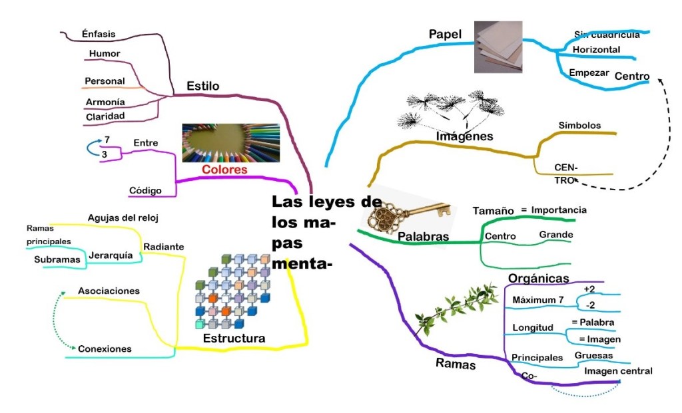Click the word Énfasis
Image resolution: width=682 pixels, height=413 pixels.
pyautogui.click(x=99, y=33)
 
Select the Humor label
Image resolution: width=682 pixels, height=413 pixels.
pyautogui.click(x=104, y=53)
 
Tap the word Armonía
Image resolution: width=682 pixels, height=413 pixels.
pyautogui.click(x=105, y=102)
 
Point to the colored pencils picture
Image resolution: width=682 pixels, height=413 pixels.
pyautogui.click(x=230, y=142)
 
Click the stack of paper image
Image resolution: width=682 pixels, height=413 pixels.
pyautogui.click(x=498, y=47)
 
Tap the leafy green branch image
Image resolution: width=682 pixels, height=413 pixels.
pyautogui.click(x=456, y=309)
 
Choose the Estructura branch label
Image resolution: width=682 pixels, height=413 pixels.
pyautogui.click(x=234, y=339)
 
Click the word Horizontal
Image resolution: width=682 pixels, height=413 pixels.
pyautogui.click(x=596, y=50)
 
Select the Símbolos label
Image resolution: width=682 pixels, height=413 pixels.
pyautogui.click(x=579, y=125)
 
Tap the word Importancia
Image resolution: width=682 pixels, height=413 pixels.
pyautogui.click(x=559, y=209)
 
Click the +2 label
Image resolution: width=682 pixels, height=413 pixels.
pyautogui.click(x=589, y=289)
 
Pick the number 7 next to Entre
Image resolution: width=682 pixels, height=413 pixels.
pyautogui.click(x=108, y=140)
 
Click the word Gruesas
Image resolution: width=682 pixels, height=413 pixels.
pyautogui.click(x=594, y=355)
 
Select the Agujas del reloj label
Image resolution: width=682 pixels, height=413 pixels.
pyautogui.click(x=123, y=217)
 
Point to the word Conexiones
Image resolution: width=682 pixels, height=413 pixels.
pyautogui.click(x=105, y=348)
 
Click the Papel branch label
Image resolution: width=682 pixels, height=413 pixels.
pyautogui.click(x=446, y=34)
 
